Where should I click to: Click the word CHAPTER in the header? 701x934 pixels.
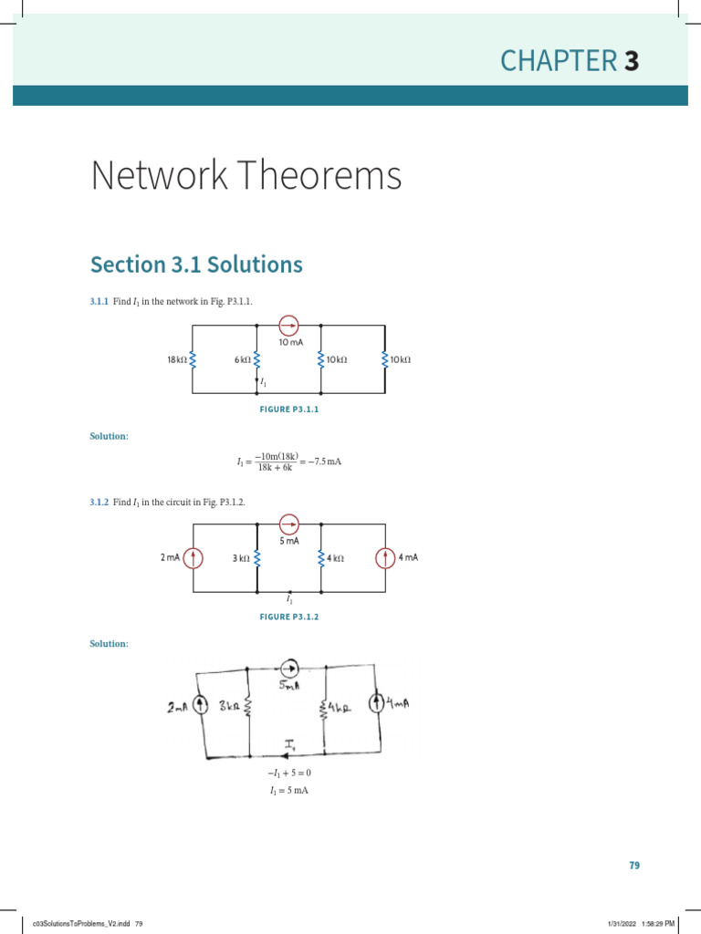(558, 61)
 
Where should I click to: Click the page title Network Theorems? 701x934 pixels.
(246, 175)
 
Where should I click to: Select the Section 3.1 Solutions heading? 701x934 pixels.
(196, 265)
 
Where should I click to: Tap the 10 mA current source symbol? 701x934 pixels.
(289, 325)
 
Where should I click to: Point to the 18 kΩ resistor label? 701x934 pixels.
(177, 360)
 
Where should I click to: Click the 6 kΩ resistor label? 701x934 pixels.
(242, 360)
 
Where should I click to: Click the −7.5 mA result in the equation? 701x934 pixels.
(324, 462)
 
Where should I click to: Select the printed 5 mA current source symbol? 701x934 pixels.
(289, 524)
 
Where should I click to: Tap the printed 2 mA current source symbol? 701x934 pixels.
(193, 557)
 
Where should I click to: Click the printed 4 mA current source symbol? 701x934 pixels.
(384, 557)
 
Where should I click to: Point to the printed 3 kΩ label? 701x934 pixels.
(240, 558)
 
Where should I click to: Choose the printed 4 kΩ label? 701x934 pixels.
(335, 558)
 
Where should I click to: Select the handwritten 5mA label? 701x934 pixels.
(290, 687)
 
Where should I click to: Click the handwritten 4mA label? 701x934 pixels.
(399, 703)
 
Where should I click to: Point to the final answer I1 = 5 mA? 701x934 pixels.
(289, 791)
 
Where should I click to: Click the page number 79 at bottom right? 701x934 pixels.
(634, 866)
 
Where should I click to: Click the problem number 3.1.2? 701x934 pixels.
(99, 503)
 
